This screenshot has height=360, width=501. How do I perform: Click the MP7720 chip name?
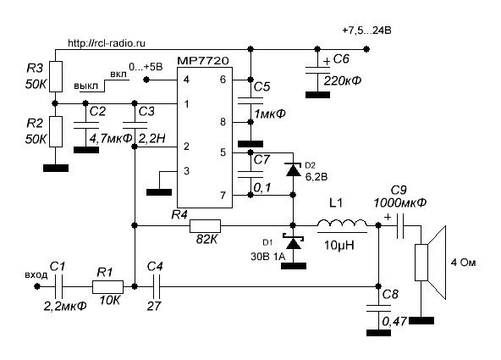point(203,61)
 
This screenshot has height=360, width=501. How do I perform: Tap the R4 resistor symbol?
point(205,225)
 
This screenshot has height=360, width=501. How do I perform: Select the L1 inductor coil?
point(342,223)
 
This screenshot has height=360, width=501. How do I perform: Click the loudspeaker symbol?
point(430,263)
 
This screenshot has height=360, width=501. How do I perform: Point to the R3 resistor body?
point(56,77)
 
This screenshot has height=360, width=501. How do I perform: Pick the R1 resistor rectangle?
point(107,287)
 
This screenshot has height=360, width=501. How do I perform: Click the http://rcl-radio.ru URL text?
point(107,43)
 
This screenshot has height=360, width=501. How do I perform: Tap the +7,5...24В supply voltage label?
point(366,30)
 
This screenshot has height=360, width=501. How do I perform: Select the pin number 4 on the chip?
point(186,79)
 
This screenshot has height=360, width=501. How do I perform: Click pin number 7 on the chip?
point(223,195)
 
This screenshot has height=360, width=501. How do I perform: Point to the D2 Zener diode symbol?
point(294,169)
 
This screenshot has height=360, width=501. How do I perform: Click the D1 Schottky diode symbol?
point(294,242)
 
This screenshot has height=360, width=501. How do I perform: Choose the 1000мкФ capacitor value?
point(399,202)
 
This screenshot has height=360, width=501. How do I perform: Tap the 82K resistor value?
point(206,239)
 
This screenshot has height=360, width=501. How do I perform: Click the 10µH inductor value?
point(339,246)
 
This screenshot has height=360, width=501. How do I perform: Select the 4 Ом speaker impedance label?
point(463,263)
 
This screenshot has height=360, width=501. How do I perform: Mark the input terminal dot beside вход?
point(37,286)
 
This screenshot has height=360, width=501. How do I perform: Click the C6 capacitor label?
point(341,59)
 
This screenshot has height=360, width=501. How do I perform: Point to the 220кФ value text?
point(342,80)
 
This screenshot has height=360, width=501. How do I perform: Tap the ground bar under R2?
point(56,169)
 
